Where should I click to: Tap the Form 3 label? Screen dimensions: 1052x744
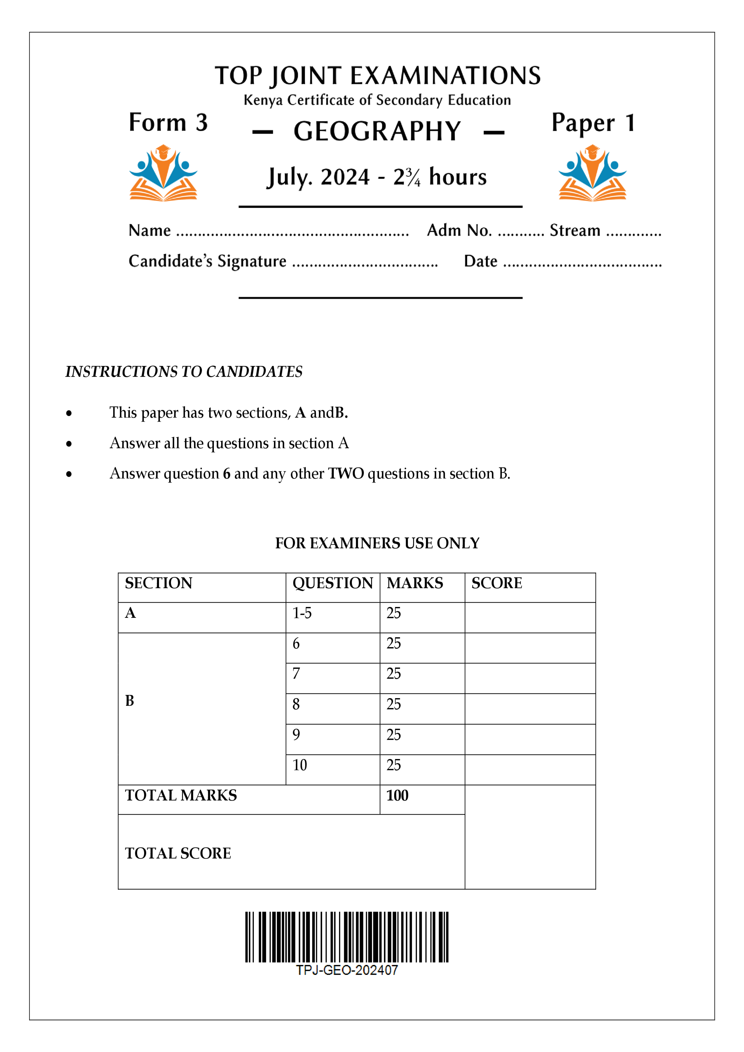pos(168,123)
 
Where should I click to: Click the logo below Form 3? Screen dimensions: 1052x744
pos(163,173)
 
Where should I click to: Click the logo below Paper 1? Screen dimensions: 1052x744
pos(592,173)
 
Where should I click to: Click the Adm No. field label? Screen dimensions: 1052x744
pos(459,231)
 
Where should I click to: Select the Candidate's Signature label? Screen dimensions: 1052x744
pos(207,261)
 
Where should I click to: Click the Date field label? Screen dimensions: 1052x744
pos(480,261)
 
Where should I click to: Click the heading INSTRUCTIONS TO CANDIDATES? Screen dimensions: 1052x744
pos(184,372)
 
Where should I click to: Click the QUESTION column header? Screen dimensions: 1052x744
pos(333,583)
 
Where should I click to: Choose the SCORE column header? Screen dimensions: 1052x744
pos(496,583)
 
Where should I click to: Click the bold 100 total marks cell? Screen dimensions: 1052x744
pos(397,795)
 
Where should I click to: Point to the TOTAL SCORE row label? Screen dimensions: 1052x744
pos(178,853)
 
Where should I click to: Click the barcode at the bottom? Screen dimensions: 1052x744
pos(346,937)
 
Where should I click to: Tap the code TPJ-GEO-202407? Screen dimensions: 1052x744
pos(346,970)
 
